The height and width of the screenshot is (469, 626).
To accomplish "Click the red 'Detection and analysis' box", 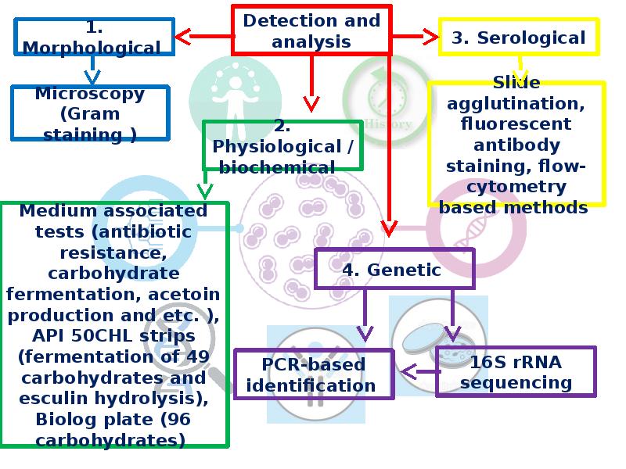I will pyautogui.click(x=311, y=30).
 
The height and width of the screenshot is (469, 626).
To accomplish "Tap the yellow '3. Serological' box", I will pyautogui.click(x=519, y=38).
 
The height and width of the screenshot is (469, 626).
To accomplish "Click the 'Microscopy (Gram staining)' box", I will pyautogui.click(x=90, y=113).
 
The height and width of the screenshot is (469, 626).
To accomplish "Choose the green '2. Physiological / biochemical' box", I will pyautogui.click(x=282, y=146).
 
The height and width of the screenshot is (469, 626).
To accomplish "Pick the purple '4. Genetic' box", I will pyautogui.click(x=391, y=270).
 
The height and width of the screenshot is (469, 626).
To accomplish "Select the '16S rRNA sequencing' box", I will pyautogui.click(x=516, y=372).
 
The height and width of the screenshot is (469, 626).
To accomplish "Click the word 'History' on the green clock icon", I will pyautogui.click(x=388, y=124).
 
